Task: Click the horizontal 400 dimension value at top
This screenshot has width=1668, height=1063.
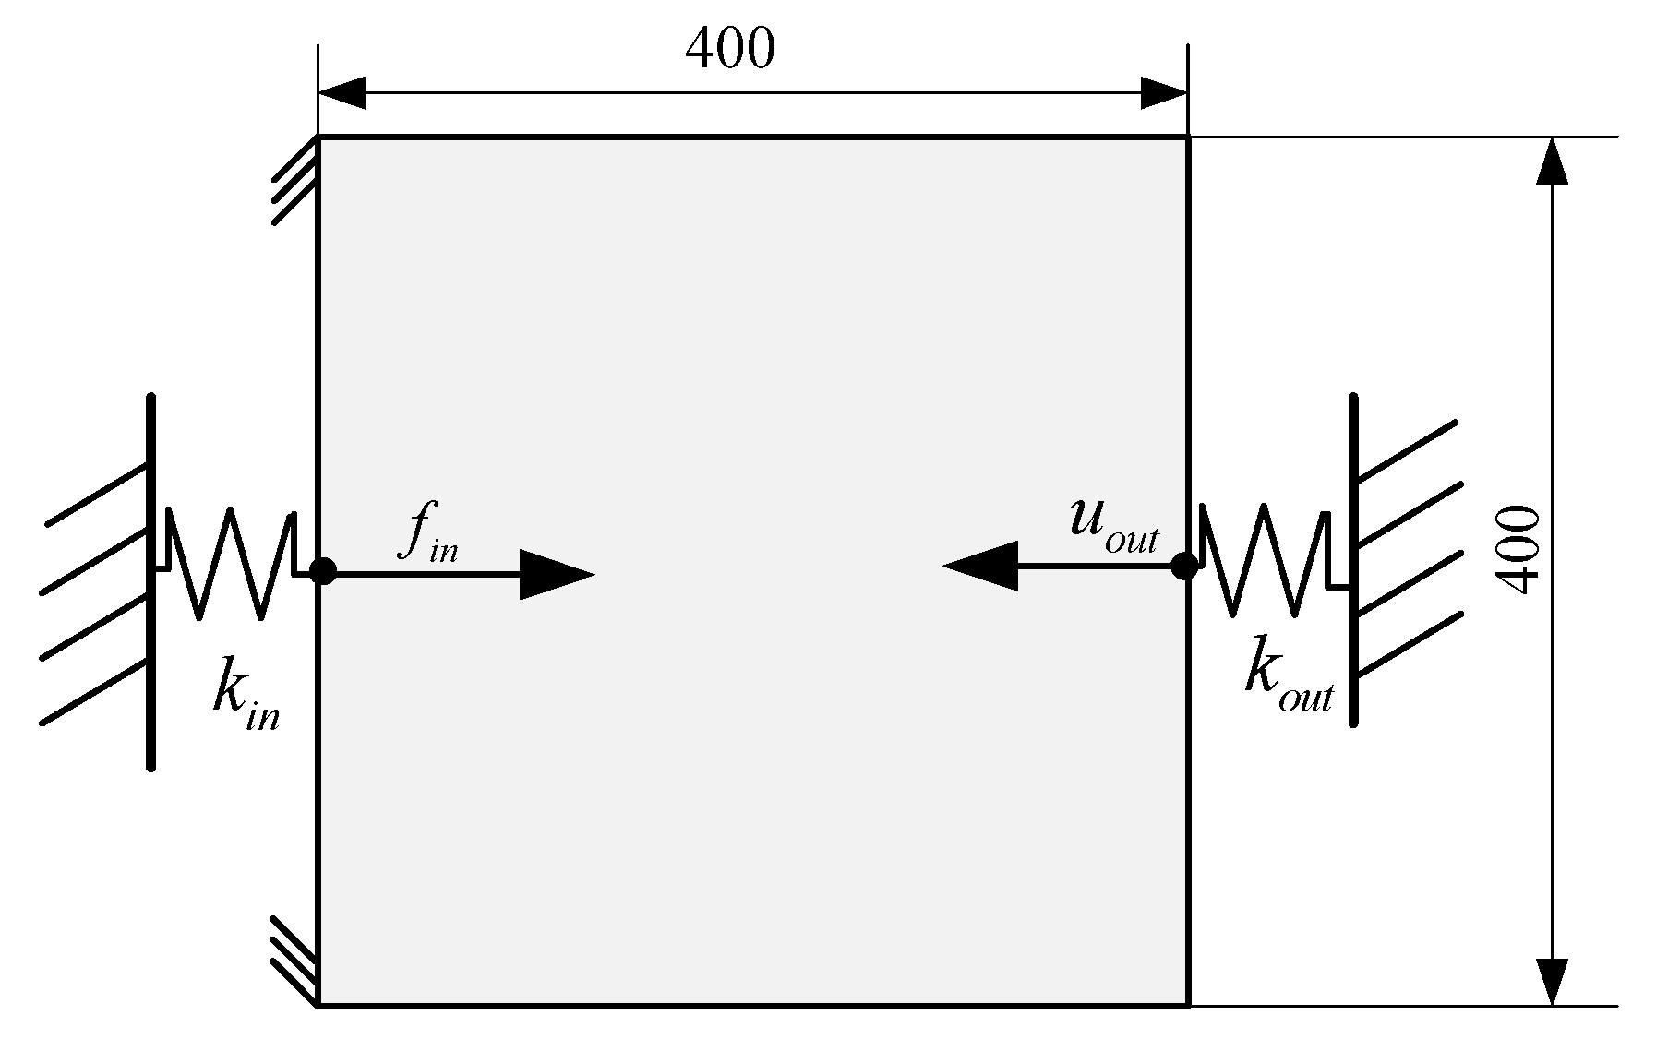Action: click(x=729, y=48)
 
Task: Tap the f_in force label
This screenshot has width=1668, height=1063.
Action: click(x=426, y=532)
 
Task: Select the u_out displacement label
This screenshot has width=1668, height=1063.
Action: click(x=1112, y=524)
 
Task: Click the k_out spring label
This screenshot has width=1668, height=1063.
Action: click(x=1288, y=675)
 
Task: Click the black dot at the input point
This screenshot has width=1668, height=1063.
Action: click(x=323, y=571)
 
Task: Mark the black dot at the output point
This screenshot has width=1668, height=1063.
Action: click(x=1184, y=566)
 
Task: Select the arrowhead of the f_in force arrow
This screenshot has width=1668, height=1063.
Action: click(x=556, y=574)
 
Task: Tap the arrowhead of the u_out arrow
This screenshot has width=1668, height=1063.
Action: click(x=980, y=566)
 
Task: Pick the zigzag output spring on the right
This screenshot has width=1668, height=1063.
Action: click(x=1265, y=559)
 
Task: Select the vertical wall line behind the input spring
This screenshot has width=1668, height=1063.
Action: click(x=150, y=581)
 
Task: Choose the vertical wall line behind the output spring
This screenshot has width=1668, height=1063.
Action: click(x=1353, y=559)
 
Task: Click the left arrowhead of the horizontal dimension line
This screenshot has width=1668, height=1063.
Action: click(x=342, y=93)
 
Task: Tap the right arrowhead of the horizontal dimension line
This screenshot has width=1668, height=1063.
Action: click(x=1163, y=93)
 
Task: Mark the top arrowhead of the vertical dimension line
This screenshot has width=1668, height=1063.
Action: click(x=1554, y=161)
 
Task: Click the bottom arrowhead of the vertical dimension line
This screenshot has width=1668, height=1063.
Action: click(x=1554, y=981)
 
